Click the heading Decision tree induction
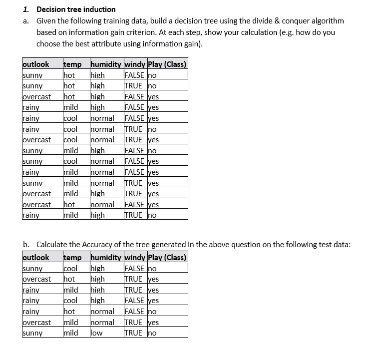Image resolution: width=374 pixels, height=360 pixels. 76,9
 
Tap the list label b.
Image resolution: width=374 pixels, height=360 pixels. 26,244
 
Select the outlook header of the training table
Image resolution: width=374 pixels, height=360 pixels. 36,64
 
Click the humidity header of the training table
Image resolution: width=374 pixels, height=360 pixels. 105,64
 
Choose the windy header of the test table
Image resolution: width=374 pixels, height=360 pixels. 135,258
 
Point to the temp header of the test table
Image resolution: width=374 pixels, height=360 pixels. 72,258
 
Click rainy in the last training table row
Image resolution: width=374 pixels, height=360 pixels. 31,215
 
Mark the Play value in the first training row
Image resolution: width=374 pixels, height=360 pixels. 152,75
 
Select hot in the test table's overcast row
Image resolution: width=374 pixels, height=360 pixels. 69,279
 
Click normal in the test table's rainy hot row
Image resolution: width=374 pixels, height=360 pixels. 102,311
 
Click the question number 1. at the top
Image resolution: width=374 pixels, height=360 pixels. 26,9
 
